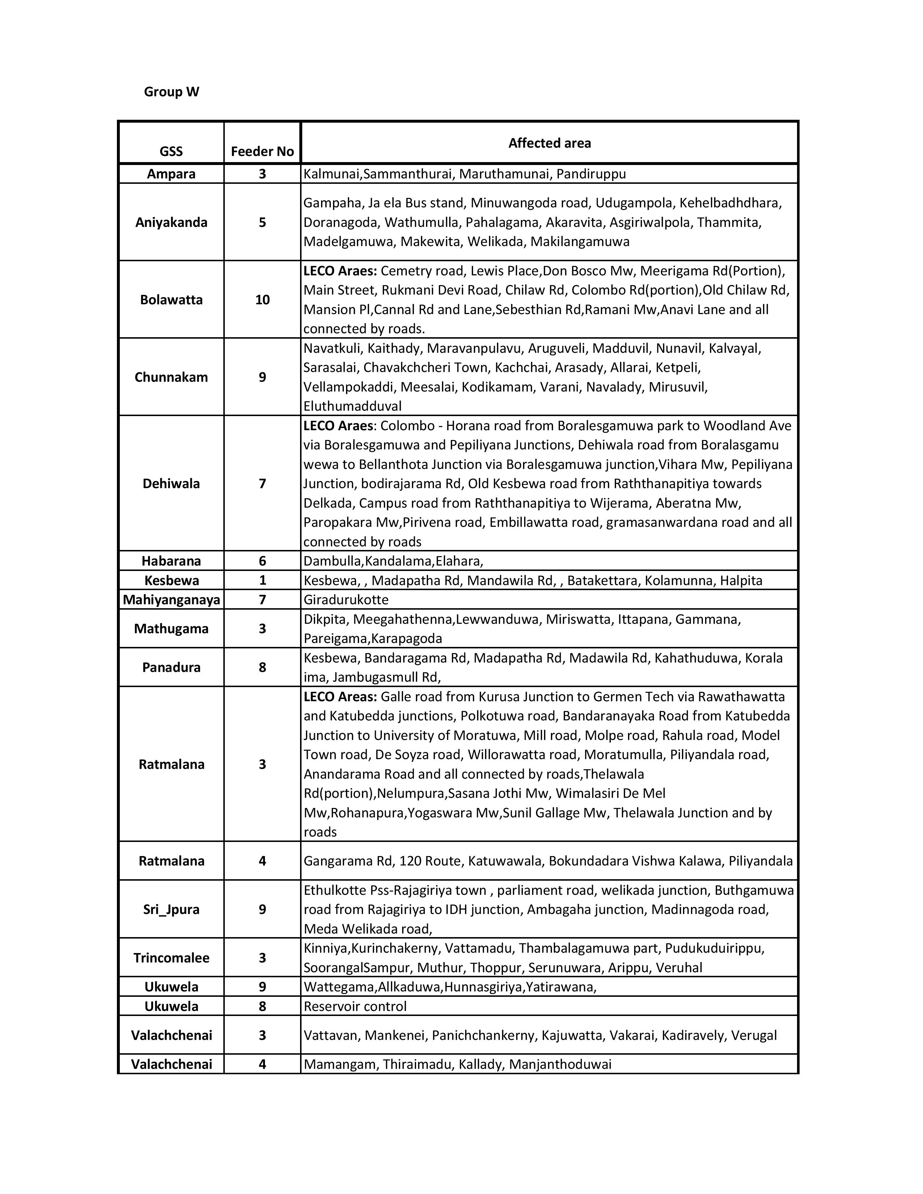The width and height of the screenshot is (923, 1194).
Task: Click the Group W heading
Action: pyautogui.click(x=171, y=92)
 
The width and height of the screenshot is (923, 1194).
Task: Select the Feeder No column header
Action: pyautogui.click(x=262, y=152)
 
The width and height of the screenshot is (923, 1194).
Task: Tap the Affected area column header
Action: pyautogui.click(x=549, y=143)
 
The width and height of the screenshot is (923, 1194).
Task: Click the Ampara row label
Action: pyautogui.click(x=171, y=174)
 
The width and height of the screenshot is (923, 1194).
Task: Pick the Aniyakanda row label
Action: pyautogui.click(x=171, y=223)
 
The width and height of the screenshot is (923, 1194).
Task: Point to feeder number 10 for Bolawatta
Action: pyautogui.click(x=262, y=300)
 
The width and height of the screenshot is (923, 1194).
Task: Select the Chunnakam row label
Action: pyautogui.click(x=171, y=377)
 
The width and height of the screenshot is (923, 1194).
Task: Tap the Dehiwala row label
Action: pyautogui.click(x=171, y=483)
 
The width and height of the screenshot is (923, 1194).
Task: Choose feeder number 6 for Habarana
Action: pyautogui.click(x=262, y=561)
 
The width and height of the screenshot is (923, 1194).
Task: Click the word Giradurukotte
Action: pyautogui.click(x=346, y=600)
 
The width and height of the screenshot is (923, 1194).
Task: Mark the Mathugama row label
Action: pyautogui.click(x=171, y=629)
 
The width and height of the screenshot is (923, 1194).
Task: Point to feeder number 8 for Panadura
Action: pyautogui.click(x=262, y=668)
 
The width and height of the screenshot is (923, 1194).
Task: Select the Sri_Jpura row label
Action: pyautogui.click(x=171, y=909)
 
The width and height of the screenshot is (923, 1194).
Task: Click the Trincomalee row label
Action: pyautogui.click(x=171, y=958)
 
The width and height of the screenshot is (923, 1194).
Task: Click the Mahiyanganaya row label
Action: pyautogui.click(x=171, y=600)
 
